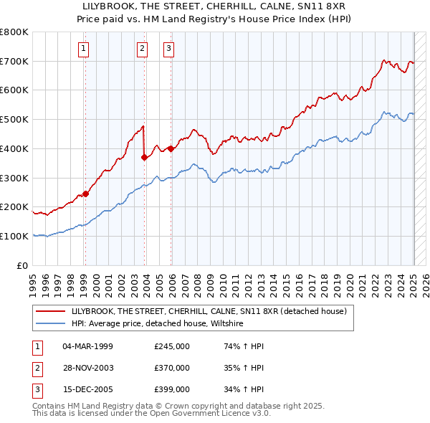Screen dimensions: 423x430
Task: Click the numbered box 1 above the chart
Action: coord(84,49)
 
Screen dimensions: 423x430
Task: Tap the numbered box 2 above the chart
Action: coord(143,49)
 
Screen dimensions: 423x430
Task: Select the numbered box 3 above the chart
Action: coord(168,49)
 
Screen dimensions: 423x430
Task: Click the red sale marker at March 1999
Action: coord(85,193)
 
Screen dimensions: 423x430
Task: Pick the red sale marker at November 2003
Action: coord(144,156)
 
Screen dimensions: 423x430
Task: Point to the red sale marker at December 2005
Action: coord(171,148)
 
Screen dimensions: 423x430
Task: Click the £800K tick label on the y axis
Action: coord(14,32)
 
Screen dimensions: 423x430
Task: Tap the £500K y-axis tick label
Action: coord(14,120)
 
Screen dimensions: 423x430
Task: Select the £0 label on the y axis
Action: coord(21,265)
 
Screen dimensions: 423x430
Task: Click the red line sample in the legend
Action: coord(52,311)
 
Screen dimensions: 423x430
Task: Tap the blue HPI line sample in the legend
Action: coord(52,323)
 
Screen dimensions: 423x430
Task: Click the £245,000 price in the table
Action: coord(172,346)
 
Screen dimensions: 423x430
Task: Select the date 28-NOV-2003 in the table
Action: coord(88,368)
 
